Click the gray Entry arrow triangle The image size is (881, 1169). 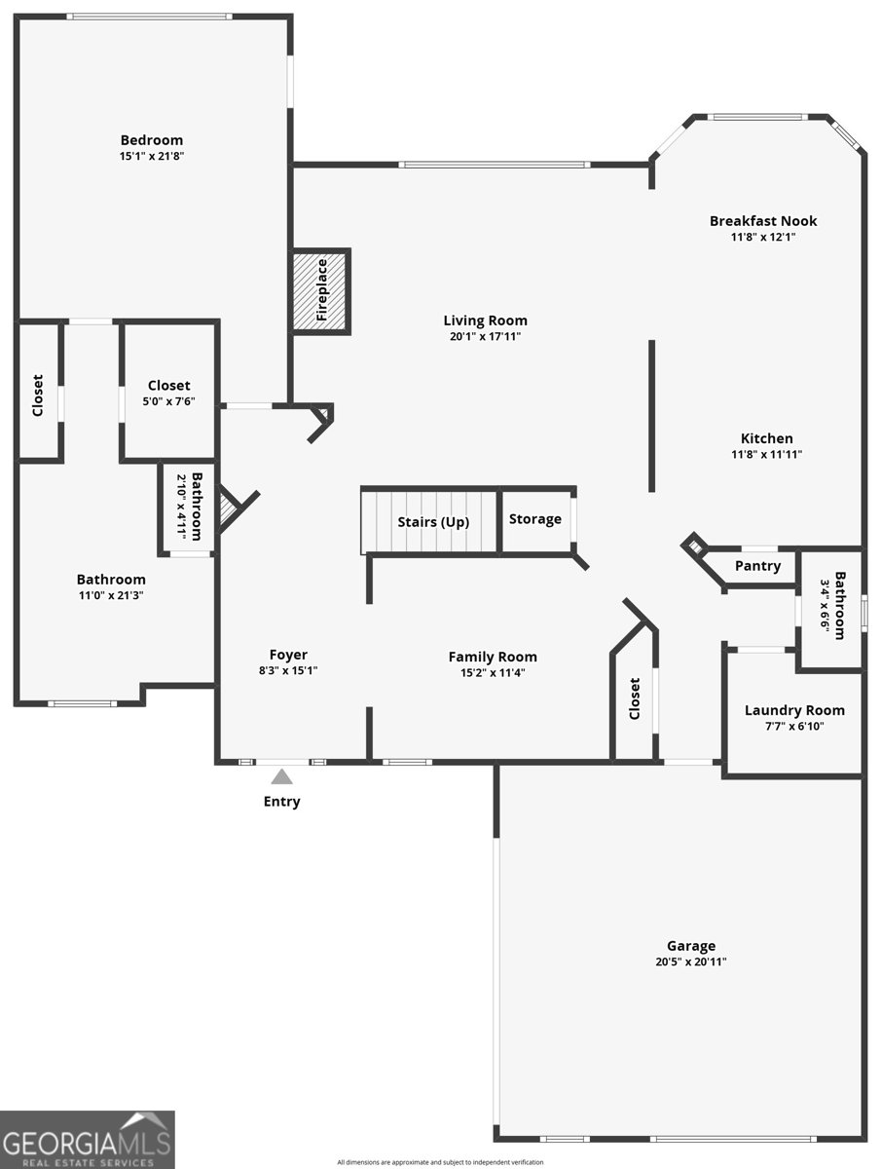coord(281,776)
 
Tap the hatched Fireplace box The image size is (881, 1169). coord(321,290)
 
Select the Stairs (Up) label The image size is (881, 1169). coord(433,522)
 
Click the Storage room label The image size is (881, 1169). coord(534,518)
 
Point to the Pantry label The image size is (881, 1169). coord(757,566)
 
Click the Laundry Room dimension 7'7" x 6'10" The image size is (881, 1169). coord(794,726)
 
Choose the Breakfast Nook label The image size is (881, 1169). coord(763,220)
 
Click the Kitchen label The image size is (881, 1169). coord(767,438)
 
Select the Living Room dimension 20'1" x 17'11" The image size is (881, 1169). coord(485,336)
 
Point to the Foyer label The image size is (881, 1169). coord(288,655)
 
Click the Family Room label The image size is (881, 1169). coord(493,658)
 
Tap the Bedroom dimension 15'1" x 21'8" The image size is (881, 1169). coord(152,156)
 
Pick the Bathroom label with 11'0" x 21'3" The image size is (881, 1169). coord(111,580)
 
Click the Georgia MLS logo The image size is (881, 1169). coord(88,1139)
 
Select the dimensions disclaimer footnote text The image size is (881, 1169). coord(440,1162)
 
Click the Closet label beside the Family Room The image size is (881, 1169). coord(634,698)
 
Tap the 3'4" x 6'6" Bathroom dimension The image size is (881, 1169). coord(826,606)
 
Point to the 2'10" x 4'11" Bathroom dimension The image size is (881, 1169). coord(183,507)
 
